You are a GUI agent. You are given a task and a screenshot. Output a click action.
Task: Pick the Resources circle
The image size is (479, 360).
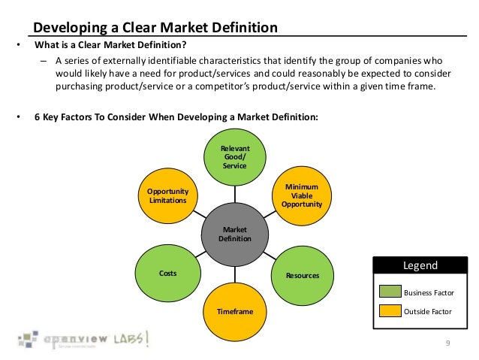point(301,275)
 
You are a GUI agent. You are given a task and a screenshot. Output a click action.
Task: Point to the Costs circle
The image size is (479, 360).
point(167,273)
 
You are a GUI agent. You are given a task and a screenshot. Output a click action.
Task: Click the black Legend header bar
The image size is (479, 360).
point(421,265)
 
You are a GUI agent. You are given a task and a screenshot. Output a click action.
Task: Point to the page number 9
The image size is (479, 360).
point(447,343)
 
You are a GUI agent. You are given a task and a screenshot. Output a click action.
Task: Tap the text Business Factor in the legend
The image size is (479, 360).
point(429,292)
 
